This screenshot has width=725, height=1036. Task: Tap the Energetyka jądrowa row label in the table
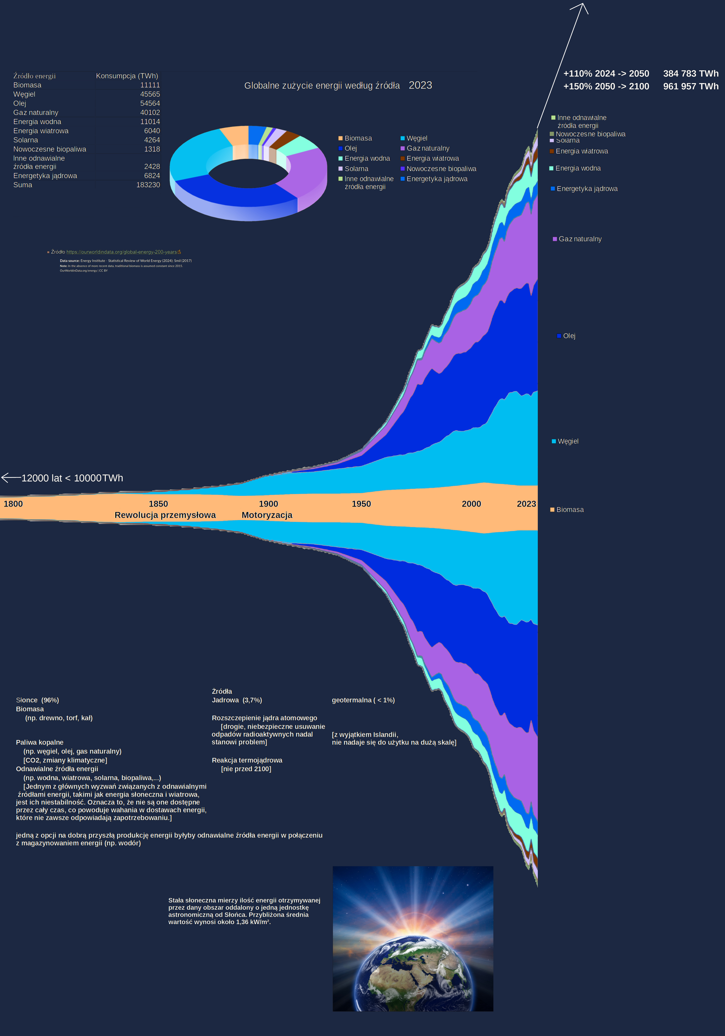pos(45,176)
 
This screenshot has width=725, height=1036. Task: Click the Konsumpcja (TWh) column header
pos(127,76)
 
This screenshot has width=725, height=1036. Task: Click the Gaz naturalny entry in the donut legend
pos(428,148)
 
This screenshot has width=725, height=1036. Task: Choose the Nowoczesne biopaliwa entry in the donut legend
pos(441,169)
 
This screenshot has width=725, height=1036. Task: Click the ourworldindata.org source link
pos(122,252)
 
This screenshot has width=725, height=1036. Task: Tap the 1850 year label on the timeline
pos(158,504)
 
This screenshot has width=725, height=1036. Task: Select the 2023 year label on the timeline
pos(526,504)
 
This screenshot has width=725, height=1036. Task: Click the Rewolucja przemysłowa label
pos(165,515)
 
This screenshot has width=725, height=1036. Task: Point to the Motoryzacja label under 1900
pos(267,515)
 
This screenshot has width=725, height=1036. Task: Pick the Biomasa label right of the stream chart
pos(570,510)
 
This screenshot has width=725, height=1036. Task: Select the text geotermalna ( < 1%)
pos(363,700)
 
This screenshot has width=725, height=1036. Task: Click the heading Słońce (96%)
pos(37,700)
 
